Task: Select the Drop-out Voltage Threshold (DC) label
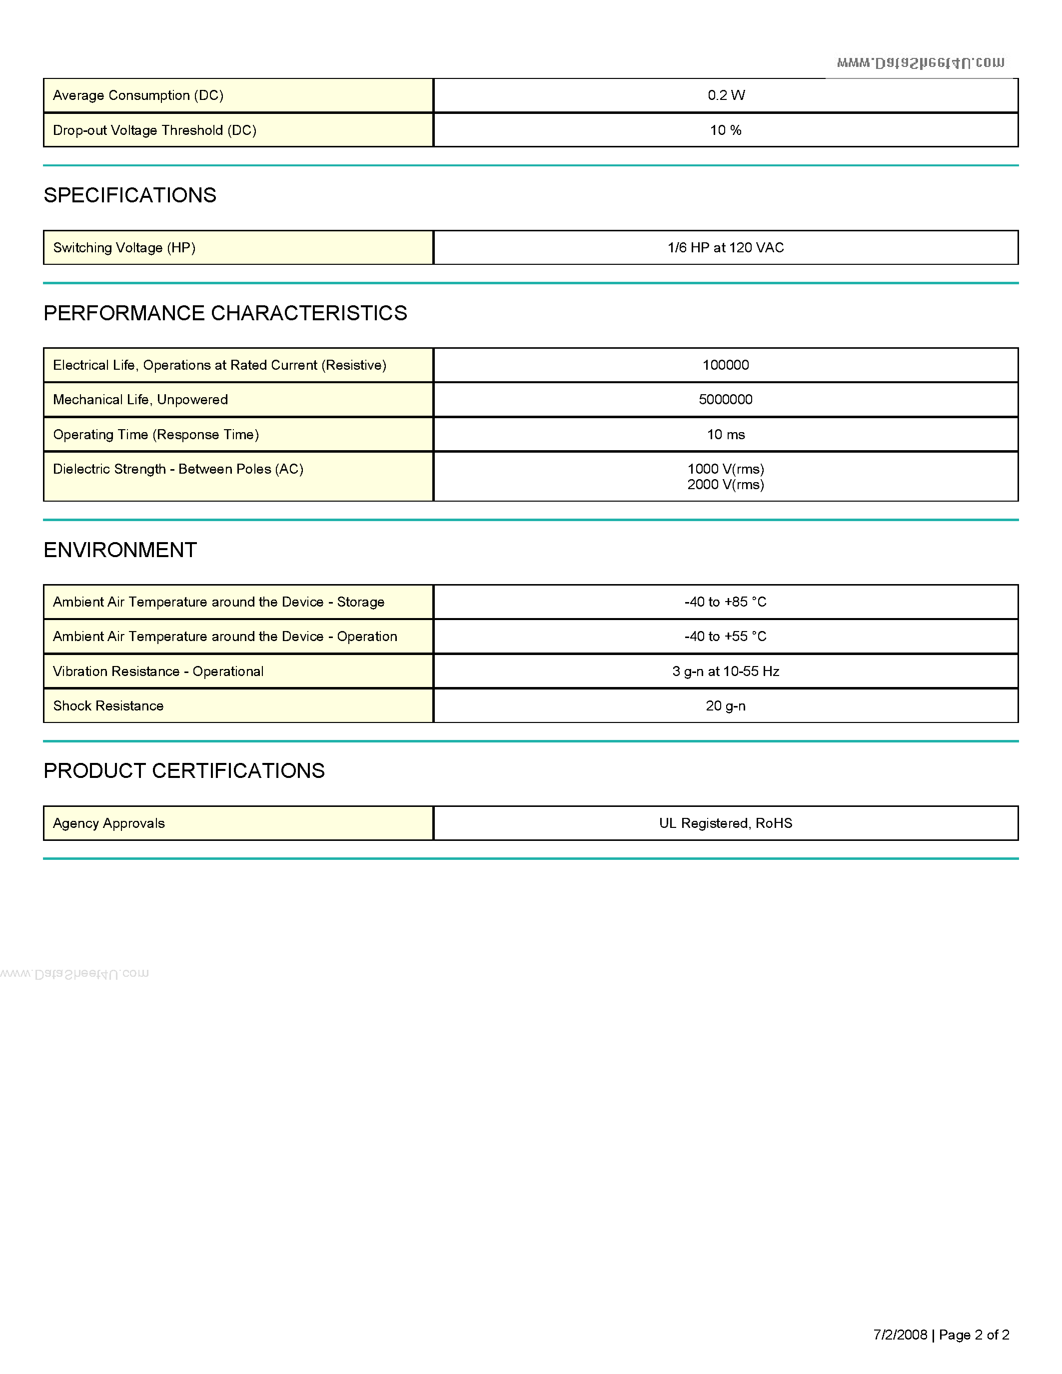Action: point(155,130)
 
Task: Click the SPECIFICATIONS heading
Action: point(129,195)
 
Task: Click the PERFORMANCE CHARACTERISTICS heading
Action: point(225,313)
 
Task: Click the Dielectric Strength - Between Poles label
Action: point(178,469)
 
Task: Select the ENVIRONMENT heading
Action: point(120,550)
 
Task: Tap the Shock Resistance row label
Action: point(108,706)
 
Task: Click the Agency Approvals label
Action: point(109,823)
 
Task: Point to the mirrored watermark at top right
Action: point(921,62)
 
